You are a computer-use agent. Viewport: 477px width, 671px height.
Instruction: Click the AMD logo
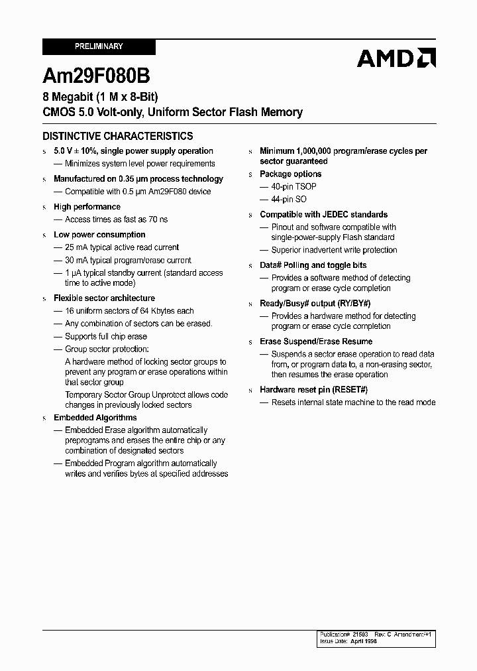[x=396, y=58]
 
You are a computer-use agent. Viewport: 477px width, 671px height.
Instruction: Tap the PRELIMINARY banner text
[x=98, y=46]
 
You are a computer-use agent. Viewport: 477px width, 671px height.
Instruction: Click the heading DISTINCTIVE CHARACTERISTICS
[x=118, y=136]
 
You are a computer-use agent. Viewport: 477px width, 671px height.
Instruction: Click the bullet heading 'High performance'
[x=87, y=207]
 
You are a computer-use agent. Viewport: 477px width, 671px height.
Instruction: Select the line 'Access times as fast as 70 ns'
[x=116, y=219]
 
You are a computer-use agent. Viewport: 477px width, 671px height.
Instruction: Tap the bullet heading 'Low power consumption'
[x=99, y=235]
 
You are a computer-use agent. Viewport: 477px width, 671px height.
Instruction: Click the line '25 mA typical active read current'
[x=122, y=247]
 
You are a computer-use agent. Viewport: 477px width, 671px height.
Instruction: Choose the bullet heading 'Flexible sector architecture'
[x=104, y=298]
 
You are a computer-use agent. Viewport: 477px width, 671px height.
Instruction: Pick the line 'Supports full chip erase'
[x=106, y=337]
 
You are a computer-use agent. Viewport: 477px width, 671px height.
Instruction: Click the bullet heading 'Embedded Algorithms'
[x=95, y=418]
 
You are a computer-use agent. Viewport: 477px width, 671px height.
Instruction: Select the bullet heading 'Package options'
[x=290, y=174]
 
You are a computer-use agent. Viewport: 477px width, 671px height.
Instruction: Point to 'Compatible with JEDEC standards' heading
[x=323, y=215]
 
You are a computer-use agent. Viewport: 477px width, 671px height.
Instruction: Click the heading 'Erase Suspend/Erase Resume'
[x=316, y=341]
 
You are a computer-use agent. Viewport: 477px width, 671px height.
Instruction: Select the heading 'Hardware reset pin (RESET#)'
[x=313, y=390]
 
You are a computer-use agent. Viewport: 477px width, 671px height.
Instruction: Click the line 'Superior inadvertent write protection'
[x=334, y=250]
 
